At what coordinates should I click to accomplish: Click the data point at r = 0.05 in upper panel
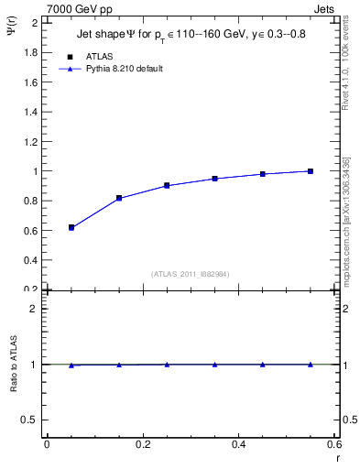(71, 227)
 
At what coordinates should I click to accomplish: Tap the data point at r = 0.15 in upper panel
(119, 198)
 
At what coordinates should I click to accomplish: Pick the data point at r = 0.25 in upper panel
(167, 185)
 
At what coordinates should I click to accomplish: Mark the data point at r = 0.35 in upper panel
(214, 179)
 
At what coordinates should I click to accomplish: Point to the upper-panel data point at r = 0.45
(263, 174)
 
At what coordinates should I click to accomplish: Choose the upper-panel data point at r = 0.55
(311, 171)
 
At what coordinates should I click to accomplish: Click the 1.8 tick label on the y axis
(30, 52)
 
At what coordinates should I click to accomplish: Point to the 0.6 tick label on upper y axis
(30, 230)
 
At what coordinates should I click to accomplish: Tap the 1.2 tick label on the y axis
(30, 141)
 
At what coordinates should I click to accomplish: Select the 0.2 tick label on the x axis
(142, 444)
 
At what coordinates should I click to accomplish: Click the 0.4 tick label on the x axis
(238, 444)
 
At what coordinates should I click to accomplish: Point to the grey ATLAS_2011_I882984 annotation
(191, 274)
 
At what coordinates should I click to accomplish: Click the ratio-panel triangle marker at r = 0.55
(311, 364)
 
